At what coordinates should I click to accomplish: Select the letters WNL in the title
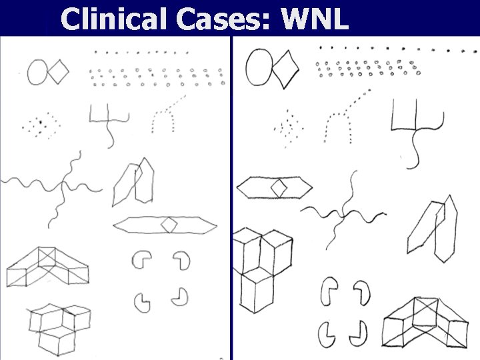(315, 19)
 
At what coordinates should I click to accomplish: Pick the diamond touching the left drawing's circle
(59, 71)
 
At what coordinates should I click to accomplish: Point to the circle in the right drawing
(260, 67)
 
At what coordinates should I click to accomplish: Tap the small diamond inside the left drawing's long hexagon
(169, 225)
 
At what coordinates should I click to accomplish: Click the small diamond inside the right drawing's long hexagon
(279, 188)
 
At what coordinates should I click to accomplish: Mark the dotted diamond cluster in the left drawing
(40, 125)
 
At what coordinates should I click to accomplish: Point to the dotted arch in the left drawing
(166, 117)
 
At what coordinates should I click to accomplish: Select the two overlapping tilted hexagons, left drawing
(135, 181)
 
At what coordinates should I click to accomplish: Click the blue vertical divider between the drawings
(232, 200)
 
